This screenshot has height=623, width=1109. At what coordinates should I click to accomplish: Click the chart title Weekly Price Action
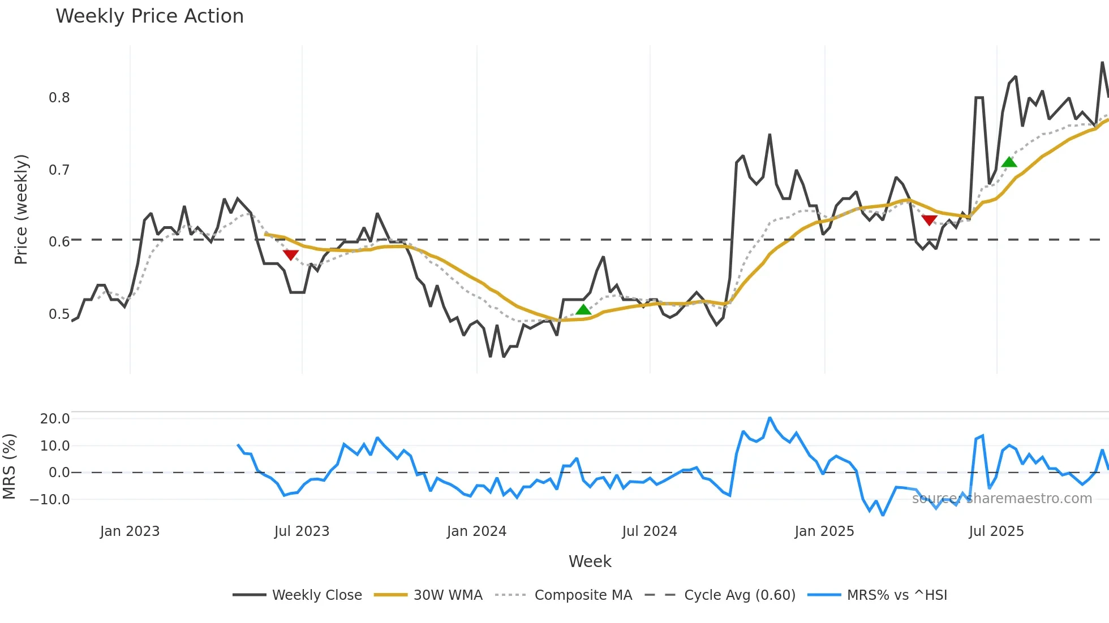(x=149, y=16)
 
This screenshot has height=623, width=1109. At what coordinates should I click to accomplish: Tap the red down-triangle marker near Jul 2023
(x=290, y=255)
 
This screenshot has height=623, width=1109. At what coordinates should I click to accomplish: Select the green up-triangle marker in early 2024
(x=583, y=309)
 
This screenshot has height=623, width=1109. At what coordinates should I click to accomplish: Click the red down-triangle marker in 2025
(x=929, y=220)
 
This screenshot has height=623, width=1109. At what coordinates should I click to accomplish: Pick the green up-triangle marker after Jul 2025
(x=1009, y=162)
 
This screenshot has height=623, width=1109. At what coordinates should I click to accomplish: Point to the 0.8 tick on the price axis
(x=59, y=98)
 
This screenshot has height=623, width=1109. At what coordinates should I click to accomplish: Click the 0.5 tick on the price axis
(x=59, y=314)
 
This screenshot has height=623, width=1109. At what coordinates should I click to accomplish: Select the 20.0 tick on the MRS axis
(x=54, y=419)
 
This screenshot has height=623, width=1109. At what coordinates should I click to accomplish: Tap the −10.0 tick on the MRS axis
(x=50, y=500)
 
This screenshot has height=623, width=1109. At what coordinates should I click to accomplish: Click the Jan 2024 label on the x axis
(x=476, y=531)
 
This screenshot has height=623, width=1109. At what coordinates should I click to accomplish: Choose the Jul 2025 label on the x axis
(x=996, y=531)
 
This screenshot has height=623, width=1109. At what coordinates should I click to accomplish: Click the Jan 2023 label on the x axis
(x=130, y=531)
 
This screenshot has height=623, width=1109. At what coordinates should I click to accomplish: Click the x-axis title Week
(x=590, y=561)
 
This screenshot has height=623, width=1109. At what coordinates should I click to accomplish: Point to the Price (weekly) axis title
(x=21, y=209)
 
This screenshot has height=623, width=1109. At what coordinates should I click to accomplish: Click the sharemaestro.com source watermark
(x=1001, y=499)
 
